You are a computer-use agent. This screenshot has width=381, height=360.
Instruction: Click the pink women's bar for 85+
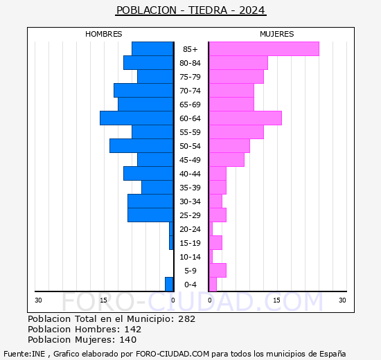pyautogui.click(x=263, y=48)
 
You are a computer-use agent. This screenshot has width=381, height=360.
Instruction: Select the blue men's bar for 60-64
pyautogui.click(x=136, y=118)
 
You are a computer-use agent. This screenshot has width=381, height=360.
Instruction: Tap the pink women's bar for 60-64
pyautogui.click(x=245, y=118)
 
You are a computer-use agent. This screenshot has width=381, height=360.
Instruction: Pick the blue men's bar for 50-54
pyautogui.click(x=141, y=145)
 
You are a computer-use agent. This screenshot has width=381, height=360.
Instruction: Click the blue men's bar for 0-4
pyautogui.click(x=169, y=284)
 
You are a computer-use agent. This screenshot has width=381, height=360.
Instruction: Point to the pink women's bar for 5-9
pyautogui.click(x=217, y=270)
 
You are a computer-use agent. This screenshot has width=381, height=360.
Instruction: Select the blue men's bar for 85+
pyautogui.click(x=152, y=48)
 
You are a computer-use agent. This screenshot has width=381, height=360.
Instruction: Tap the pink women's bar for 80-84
pyautogui.click(x=238, y=62)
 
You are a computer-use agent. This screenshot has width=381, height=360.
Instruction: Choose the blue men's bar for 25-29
pyautogui.click(x=150, y=215)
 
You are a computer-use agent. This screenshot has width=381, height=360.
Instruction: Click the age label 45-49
pyautogui.click(x=190, y=160)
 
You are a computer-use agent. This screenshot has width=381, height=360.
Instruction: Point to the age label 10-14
pyautogui.click(x=190, y=257)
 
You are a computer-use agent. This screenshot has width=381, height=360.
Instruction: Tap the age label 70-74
pyautogui.click(x=190, y=91)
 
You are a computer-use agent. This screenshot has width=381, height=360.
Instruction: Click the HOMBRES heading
pyautogui.click(x=104, y=34)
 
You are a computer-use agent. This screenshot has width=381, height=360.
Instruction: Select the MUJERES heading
pyautogui.click(x=277, y=34)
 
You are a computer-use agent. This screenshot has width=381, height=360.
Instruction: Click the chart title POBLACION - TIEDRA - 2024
pyautogui.click(x=190, y=10)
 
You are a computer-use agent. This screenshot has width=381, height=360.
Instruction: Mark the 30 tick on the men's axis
pyautogui.click(x=38, y=300)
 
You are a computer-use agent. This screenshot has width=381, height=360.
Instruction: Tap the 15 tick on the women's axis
pyautogui.click(x=276, y=300)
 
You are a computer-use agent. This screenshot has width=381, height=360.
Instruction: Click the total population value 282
pyautogui.click(x=186, y=319)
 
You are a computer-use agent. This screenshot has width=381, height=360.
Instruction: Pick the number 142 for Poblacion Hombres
pyautogui.click(x=132, y=330)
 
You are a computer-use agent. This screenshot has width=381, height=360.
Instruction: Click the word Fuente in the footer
pyautogui.click(x=16, y=353)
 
